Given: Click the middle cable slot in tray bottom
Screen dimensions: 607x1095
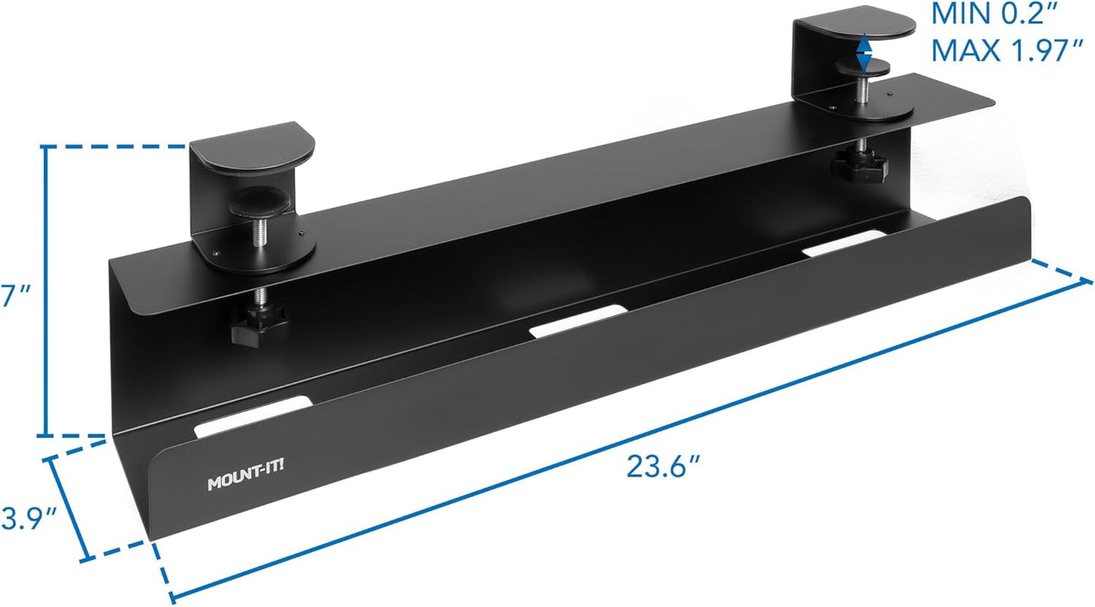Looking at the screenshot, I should pyautogui.click(x=578, y=319).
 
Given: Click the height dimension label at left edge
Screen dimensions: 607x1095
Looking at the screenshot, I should pyautogui.click(x=8, y=296).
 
